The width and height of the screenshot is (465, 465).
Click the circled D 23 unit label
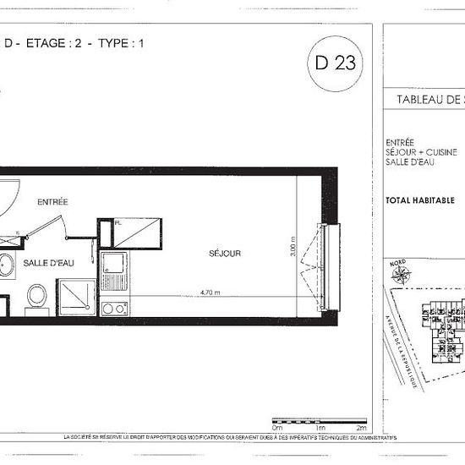click(x=336, y=62)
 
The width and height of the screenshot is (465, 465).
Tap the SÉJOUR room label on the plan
click(x=225, y=253)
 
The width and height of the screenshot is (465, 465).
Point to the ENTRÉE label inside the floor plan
click(x=52, y=202)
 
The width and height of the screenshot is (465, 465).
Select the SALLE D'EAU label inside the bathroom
click(x=48, y=264)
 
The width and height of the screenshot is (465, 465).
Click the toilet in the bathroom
click(x=36, y=297)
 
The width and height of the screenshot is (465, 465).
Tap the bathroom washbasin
click(x=5, y=264)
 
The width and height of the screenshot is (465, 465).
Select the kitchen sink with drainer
click(x=113, y=271)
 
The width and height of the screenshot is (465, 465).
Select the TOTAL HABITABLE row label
click(x=419, y=200)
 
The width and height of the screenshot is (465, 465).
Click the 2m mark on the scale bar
click(x=363, y=429)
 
